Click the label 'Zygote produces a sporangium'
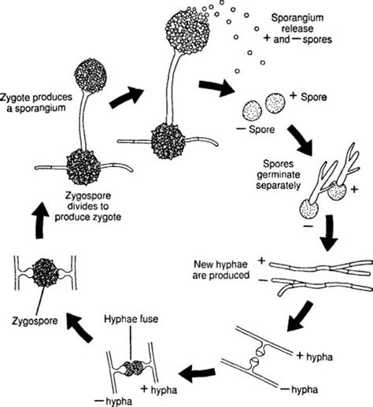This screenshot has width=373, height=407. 36,102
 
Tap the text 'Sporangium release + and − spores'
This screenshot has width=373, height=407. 298,28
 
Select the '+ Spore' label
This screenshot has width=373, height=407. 308,97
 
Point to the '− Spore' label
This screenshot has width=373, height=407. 256,129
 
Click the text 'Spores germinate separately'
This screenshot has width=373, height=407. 278,175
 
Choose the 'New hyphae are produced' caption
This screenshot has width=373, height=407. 220,269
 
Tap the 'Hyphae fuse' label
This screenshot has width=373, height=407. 131,319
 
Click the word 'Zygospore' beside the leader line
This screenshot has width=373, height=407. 35,320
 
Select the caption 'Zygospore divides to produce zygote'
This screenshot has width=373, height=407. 88,206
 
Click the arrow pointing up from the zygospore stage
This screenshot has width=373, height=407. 40,220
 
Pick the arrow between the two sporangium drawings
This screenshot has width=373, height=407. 127,97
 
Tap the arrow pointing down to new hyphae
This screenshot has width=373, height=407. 329,233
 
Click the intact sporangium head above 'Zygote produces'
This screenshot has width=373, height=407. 90,76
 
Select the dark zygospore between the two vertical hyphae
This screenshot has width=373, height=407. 45,273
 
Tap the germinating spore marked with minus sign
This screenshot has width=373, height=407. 309,209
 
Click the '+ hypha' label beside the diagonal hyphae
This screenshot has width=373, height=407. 314,357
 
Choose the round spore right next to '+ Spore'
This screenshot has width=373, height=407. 275,103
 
